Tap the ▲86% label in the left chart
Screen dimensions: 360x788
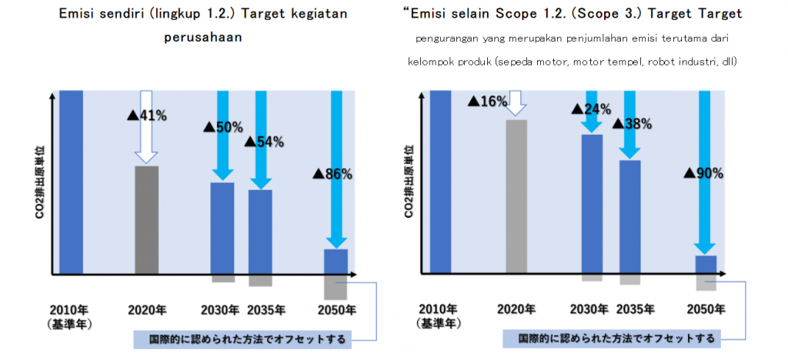[332, 174]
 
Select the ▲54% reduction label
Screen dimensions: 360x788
[264, 142]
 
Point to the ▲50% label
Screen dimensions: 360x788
[222, 127]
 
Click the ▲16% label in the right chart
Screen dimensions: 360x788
[488, 102]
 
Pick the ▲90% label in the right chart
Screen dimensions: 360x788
[703, 173]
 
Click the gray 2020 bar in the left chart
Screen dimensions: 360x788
[146, 219]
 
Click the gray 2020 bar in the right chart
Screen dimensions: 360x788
[516, 196]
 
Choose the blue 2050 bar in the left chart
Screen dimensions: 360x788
[336, 262]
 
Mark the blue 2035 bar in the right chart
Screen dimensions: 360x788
[629, 216]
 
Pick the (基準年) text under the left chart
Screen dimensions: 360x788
[70, 324]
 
